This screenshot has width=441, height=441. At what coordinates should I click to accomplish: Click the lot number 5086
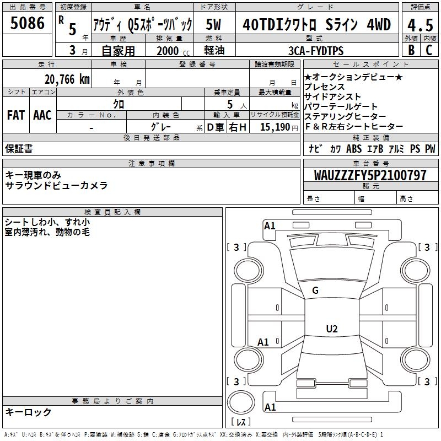click(27, 23)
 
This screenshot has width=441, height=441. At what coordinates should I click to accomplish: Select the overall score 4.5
click(420, 25)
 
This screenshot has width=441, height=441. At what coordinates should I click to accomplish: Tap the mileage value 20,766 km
click(67, 79)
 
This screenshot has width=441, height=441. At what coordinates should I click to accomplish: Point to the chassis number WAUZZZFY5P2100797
click(370, 175)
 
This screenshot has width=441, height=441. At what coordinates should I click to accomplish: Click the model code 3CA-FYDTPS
click(316, 51)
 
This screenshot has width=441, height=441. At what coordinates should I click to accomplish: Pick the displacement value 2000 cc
click(173, 51)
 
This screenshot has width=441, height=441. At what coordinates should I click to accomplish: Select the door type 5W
click(213, 24)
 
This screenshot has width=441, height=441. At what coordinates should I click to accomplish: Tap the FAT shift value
click(16, 115)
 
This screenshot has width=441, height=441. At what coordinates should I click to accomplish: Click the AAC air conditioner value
click(42, 115)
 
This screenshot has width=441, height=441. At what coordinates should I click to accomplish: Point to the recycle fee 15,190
click(275, 127)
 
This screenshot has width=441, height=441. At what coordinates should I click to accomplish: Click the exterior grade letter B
click(411, 50)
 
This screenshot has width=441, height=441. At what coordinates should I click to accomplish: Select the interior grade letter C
click(429, 50)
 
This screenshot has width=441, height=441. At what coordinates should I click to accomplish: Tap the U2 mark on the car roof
click(332, 329)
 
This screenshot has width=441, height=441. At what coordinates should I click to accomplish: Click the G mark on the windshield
click(315, 291)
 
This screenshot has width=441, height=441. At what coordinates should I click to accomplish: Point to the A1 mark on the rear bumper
click(270, 407)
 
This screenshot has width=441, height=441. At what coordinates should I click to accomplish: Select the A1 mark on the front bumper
click(270, 226)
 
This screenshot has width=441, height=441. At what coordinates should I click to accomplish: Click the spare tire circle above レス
click(241, 402)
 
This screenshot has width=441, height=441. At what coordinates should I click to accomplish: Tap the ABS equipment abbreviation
click(354, 148)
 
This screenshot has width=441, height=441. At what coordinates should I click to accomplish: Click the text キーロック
click(28, 412)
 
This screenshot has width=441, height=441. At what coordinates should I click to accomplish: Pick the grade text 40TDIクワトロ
click(279, 24)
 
